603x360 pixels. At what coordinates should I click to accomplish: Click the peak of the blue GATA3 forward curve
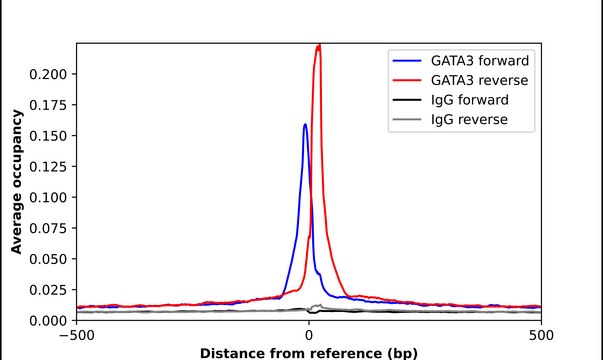(x=305, y=125)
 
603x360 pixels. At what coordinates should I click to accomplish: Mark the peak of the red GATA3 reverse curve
(x=319, y=45)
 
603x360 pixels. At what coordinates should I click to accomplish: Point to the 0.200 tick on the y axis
(x=52, y=74)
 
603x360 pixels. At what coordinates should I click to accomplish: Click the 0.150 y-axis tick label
(x=52, y=135)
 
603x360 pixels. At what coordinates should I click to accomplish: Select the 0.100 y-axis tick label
(x=52, y=197)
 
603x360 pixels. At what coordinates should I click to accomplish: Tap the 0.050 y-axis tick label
(x=52, y=258)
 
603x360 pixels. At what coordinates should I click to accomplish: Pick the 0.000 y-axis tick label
(x=52, y=320)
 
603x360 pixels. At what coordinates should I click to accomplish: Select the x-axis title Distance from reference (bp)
(x=309, y=352)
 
